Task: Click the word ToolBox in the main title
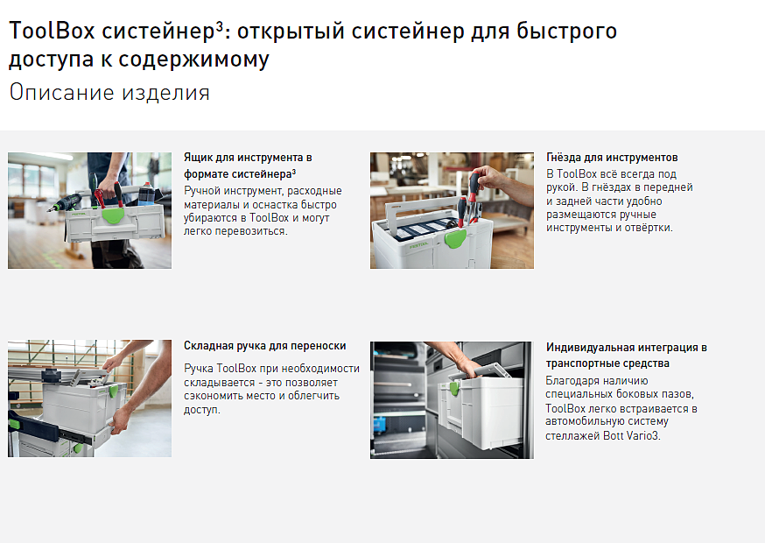(52, 31)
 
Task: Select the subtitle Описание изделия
(109, 93)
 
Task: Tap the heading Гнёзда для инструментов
(612, 158)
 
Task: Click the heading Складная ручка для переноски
(265, 346)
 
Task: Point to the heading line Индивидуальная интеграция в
(627, 347)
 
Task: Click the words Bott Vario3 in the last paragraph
(631, 435)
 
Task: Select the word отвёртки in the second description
(649, 228)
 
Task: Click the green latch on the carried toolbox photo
(113, 215)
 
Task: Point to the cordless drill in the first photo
(66, 203)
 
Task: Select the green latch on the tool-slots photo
(455, 239)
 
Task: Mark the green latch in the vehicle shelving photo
(453, 389)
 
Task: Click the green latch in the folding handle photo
(113, 391)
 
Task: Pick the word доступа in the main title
(52, 60)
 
